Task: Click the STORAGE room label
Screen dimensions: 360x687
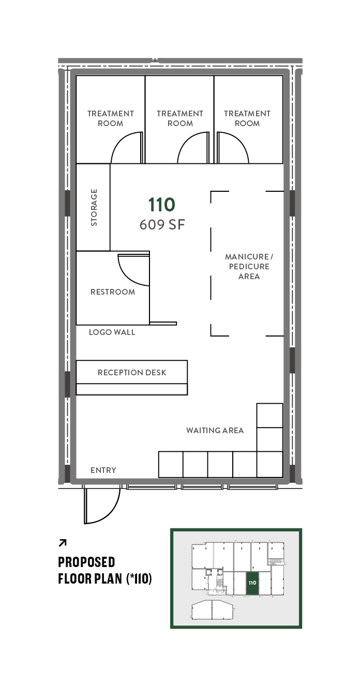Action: [94, 207]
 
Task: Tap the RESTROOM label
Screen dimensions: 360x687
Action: [113, 292]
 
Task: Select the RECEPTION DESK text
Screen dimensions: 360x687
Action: [132, 372]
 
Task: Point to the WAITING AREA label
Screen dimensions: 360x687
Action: [215, 430]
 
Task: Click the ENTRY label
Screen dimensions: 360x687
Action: [103, 470]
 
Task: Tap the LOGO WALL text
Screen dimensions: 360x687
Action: [112, 332]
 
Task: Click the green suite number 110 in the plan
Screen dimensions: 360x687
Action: [162, 205]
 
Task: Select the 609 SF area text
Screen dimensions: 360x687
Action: [162, 225]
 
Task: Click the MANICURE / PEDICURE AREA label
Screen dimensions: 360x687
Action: [249, 267]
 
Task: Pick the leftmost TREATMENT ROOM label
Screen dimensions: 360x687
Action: [111, 118]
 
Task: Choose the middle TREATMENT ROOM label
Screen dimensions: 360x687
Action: [180, 118]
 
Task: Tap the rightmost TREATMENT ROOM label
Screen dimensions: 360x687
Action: [247, 118]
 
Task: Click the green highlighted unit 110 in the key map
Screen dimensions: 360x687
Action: [252, 583]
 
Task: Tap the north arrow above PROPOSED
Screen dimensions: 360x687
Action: [62, 543]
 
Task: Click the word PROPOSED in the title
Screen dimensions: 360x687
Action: [86, 562]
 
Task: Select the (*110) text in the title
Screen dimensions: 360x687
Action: [139, 579]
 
